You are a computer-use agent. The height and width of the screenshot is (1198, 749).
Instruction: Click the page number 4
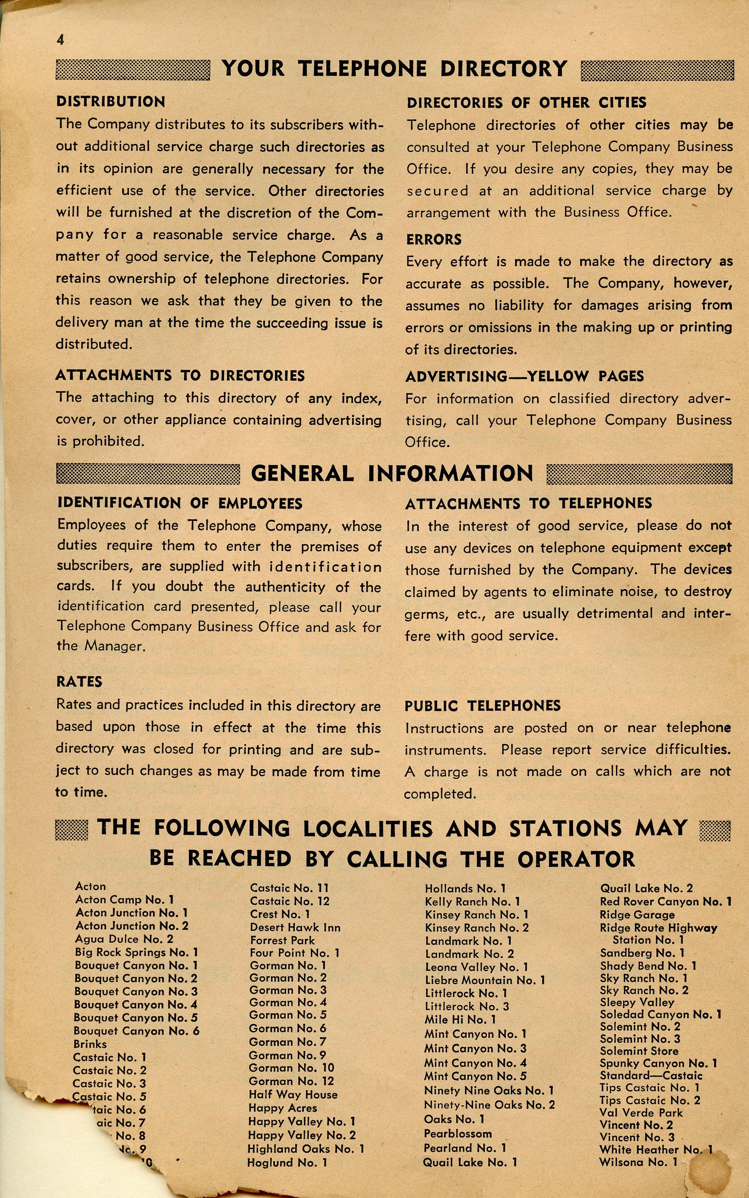60,40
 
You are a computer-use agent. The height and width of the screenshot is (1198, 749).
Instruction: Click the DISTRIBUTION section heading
110,102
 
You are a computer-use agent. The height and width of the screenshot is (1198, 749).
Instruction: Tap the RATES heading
79,682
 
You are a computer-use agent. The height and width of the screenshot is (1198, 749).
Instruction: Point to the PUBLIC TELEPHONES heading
483,706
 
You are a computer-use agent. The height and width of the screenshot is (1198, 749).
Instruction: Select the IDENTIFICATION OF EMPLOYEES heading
180,503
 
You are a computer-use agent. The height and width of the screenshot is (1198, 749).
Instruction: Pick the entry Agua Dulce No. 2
124,939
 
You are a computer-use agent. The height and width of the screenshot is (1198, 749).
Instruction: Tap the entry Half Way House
293,1094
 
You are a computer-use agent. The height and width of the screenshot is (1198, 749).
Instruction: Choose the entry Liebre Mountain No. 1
485,980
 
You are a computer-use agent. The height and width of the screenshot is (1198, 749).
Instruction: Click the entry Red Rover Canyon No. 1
665,902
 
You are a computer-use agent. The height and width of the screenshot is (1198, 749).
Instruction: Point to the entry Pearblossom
458,1134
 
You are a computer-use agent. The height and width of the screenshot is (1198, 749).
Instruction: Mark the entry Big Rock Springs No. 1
136,952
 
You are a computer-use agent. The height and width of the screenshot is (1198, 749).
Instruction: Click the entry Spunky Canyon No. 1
658,1063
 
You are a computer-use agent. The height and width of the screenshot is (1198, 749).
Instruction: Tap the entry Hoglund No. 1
287,1162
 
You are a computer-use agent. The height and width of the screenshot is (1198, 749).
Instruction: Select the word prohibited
108,442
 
